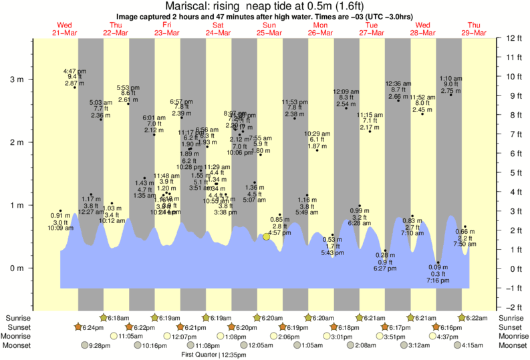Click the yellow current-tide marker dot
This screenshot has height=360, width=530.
pos(266,236)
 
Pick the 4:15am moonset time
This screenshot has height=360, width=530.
pos(473,345)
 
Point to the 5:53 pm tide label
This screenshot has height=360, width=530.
pos(128,87)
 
